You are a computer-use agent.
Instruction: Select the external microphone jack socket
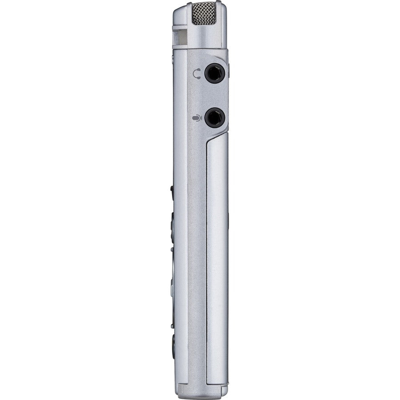(214, 117)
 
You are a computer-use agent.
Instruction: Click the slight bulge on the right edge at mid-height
(229, 218)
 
